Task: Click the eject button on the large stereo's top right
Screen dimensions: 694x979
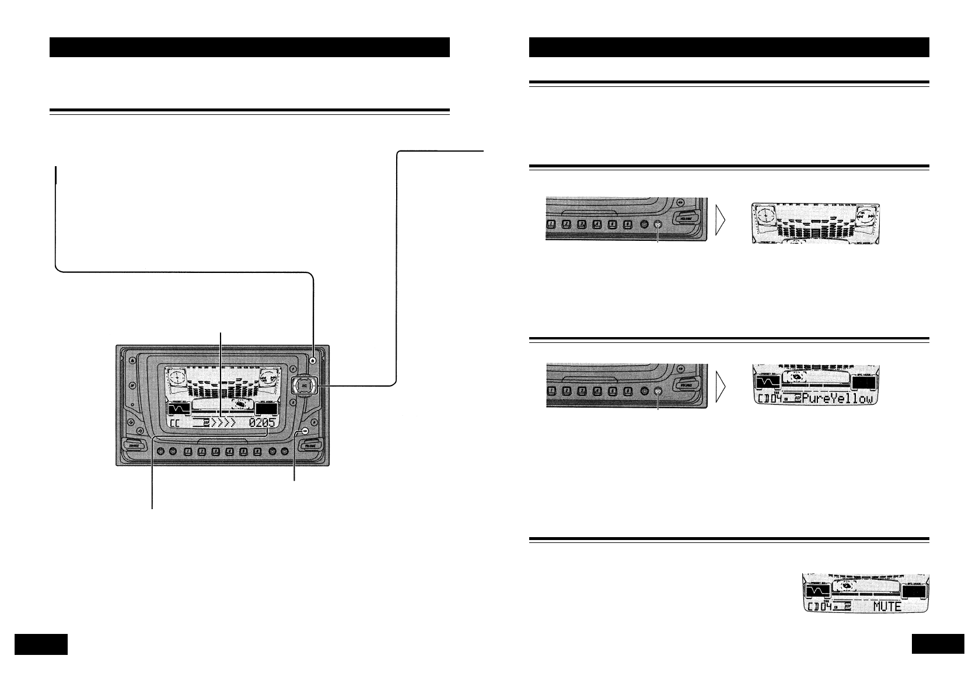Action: pos(313,360)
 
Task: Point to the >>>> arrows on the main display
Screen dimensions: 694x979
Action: pos(225,424)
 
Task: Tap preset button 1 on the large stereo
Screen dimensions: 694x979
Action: pos(188,451)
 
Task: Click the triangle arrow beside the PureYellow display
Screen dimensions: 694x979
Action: pos(723,387)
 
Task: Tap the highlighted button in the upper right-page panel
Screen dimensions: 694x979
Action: pos(658,225)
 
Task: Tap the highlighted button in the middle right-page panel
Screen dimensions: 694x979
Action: pos(658,391)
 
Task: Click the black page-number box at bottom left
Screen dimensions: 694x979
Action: pos(41,644)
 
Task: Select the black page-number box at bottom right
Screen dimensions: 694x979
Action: pos(938,644)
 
